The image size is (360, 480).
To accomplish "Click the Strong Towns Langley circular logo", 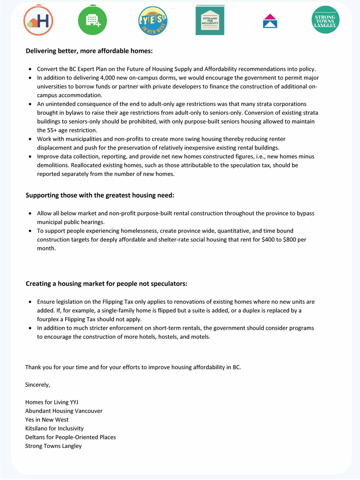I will tap(326, 20).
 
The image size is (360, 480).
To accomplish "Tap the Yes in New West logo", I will tap(153, 20).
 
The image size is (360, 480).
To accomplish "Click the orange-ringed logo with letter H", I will tap(38, 21).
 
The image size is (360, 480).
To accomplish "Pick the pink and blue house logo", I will tap(270, 21).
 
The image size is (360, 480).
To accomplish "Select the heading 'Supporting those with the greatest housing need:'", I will tap(100, 195).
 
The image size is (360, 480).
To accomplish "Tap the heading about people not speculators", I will tap(106, 284).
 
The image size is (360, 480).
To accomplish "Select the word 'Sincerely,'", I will tap(38, 384).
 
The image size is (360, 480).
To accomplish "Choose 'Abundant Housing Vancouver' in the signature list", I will tap(64, 411).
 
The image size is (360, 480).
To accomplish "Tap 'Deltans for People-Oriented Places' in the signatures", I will tap(70, 437).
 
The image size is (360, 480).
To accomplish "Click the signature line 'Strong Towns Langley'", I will tap(53, 446).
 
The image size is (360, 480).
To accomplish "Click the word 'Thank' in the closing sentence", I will tap(33, 367).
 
